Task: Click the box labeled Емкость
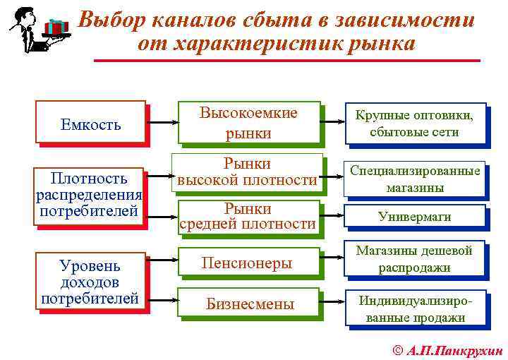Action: tap(90, 124)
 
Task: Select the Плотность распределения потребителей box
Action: tap(90, 195)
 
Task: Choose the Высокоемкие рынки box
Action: tap(248, 123)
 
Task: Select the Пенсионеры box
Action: tap(247, 263)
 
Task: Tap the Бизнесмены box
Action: tap(247, 304)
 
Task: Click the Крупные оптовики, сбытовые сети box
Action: tap(414, 123)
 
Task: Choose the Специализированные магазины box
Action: tap(414, 179)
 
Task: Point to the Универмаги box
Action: tap(414, 217)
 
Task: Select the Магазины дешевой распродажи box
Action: tap(414, 259)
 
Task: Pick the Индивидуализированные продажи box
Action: tap(414, 308)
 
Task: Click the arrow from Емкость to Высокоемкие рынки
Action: tap(162, 123)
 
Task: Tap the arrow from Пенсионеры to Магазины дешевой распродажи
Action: tap(332, 261)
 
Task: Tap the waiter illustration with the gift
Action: tap(40, 30)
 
